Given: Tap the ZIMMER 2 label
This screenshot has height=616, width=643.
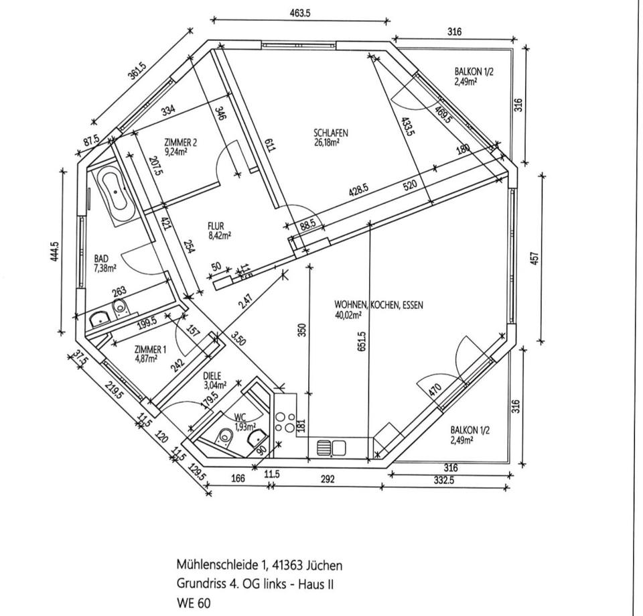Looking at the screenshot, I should point(181,142).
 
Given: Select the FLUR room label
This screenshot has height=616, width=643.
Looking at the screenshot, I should point(216,227).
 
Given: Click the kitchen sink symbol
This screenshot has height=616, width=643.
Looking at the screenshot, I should point(331,446).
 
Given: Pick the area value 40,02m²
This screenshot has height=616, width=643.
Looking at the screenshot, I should point(349,314).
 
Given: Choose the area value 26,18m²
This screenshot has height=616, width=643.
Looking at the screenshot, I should point(327,141).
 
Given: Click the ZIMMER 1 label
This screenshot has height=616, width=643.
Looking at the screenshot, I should point(150,349).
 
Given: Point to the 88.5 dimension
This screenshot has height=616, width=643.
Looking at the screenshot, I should point(307,226).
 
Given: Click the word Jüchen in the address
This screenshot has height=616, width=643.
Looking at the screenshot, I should point(325,565).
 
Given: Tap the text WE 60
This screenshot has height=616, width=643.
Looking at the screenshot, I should point(194,603).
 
